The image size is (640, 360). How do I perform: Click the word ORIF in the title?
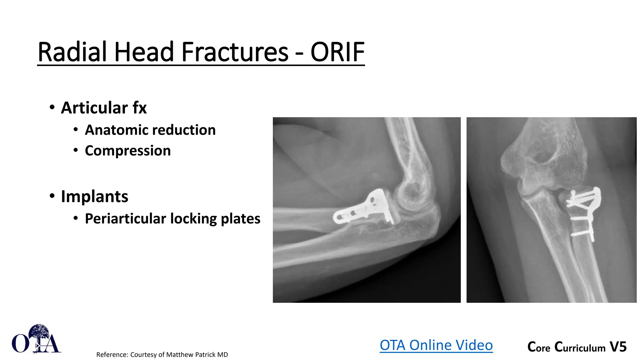click(337, 52)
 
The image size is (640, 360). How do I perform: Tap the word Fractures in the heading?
click(234, 52)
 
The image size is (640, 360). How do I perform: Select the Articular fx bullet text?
click(104, 108)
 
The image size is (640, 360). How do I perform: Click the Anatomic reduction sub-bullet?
click(150, 130)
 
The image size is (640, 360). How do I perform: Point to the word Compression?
click(128, 151)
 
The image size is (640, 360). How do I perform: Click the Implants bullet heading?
click(94, 197)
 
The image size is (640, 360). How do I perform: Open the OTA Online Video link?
click(436, 345)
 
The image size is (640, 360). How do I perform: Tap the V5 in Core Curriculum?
click(618, 347)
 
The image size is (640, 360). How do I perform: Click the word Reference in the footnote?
click(112, 355)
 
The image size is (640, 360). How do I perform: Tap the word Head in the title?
click(144, 52)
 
